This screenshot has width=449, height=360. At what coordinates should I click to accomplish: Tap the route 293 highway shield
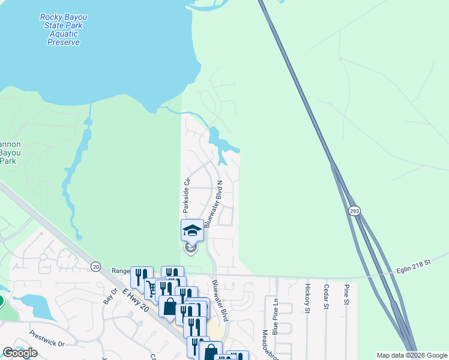pos(354,211)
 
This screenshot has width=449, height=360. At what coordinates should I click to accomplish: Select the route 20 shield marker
pos(95,266)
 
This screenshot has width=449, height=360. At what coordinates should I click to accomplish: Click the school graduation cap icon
pos(192,230)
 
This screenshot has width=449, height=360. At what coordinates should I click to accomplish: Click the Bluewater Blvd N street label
pos(214,204)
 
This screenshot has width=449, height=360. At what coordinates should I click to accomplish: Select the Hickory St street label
pos(307,298)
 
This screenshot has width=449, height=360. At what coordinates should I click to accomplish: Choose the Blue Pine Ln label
pos(276,317)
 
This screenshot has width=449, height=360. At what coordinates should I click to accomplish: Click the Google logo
pos(20,352)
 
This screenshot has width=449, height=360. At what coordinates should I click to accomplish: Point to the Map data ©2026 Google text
pos(411,355)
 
